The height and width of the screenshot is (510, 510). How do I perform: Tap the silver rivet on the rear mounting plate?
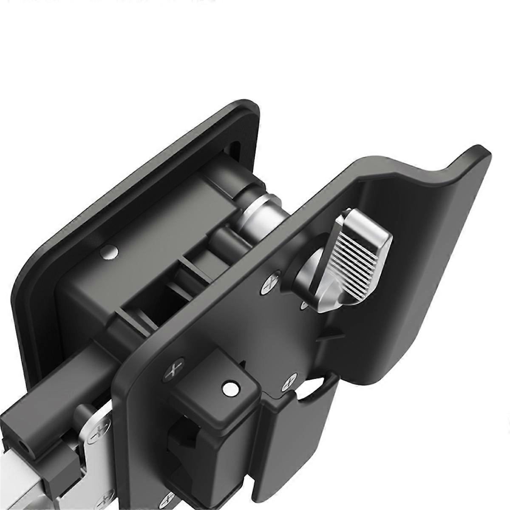click(x=109, y=252)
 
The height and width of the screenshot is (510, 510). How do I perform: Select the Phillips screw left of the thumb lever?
click(x=269, y=285)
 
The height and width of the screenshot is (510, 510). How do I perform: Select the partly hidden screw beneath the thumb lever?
click(x=305, y=305)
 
